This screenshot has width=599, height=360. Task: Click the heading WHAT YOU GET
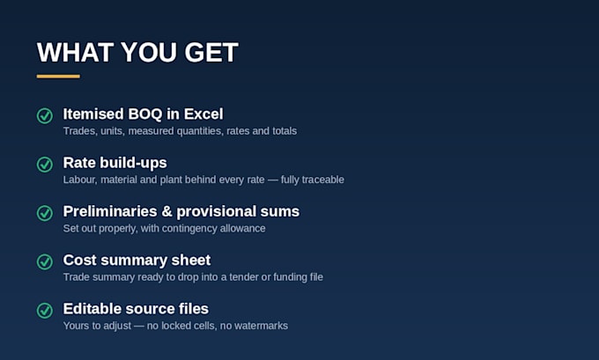pyautogui.click(x=137, y=52)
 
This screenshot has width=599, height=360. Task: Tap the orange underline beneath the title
pyautogui.click(x=58, y=77)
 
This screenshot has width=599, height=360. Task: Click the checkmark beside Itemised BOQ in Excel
pyautogui.click(x=45, y=115)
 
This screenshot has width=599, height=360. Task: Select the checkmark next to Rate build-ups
pyautogui.click(x=45, y=165)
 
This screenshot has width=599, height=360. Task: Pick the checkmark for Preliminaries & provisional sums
pyautogui.click(x=45, y=213)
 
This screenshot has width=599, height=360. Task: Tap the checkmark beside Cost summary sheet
pyautogui.click(x=45, y=262)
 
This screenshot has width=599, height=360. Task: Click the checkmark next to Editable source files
pyautogui.click(x=45, y=311)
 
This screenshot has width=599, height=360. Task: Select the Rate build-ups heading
pyautogui.click(x=115, y=163)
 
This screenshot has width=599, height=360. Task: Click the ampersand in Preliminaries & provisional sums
pyautogui.click(x=167, y=211)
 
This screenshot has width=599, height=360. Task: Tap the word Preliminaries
pyautogui.click(x=110, y=211)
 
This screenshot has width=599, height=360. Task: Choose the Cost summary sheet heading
pyautogui.click(x=137, y=260)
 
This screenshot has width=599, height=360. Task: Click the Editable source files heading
pyautogui.click(x=136, y=309)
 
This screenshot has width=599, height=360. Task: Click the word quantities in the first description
pyautogui.click(x=199, y=131)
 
